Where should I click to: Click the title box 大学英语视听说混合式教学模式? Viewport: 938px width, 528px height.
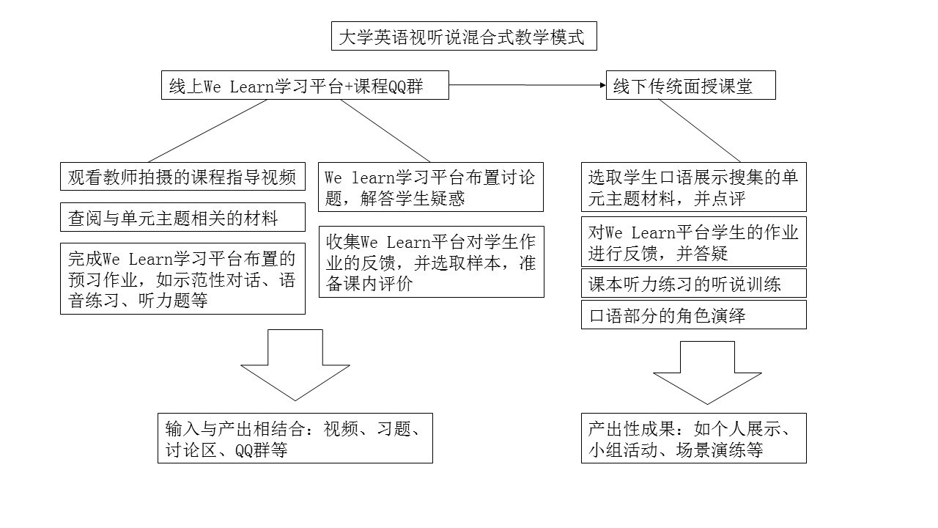click(464, 36)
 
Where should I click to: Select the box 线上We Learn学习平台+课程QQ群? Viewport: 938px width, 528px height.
click(305, 85)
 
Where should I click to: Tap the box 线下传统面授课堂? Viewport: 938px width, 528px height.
click(691, 85)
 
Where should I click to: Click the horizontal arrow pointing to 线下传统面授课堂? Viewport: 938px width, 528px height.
click(528, 85)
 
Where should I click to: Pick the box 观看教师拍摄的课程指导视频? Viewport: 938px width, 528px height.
click(182, 177)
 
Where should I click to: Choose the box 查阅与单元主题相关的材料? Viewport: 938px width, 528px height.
click(182, 217)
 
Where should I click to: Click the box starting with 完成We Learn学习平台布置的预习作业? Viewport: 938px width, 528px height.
click(182, 279)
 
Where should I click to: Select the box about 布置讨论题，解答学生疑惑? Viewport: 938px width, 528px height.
click(431, 187)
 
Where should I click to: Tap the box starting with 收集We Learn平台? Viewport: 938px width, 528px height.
click(432, 262)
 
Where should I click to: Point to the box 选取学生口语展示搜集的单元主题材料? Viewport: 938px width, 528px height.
click(694, 187)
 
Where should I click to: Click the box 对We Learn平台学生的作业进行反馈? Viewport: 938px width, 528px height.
click(694, 242)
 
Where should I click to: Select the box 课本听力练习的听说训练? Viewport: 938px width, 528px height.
click(694, 283)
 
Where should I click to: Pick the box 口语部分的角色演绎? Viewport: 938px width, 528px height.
click(694, 315)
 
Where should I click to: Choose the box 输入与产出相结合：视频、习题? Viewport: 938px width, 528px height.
click(295, 439)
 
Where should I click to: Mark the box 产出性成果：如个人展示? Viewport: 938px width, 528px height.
click(694, 439)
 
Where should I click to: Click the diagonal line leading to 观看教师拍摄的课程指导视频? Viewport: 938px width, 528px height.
click(207, 131)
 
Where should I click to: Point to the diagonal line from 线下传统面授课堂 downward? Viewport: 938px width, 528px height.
click(699, 131)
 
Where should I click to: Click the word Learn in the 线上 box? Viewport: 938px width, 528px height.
click(251, 87)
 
